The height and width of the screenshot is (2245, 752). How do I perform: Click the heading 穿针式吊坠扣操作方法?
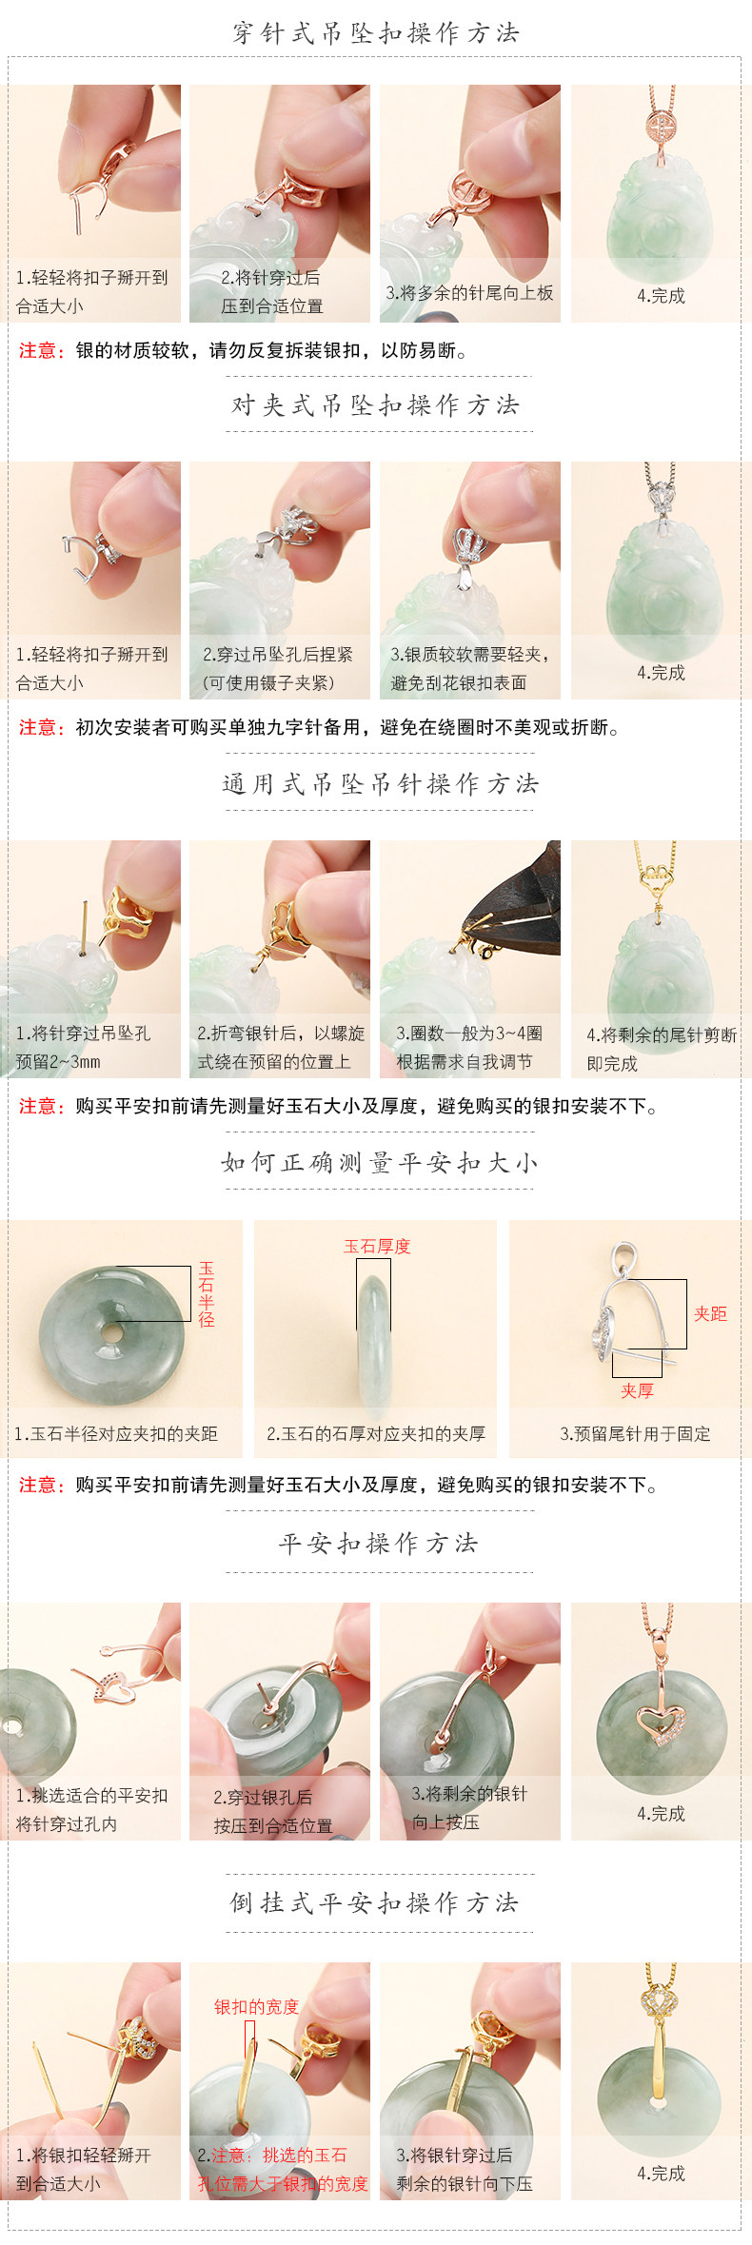click(376, 34)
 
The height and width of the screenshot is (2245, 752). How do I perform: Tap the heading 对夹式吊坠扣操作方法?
click(376, 405)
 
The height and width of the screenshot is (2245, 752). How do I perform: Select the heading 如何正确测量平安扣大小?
click(379, 1163)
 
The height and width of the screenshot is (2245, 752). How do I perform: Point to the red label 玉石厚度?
click(377, 1247)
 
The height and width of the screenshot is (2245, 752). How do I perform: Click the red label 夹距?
click(710, 1314)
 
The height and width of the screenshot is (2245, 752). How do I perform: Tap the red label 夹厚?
click(637, 1391)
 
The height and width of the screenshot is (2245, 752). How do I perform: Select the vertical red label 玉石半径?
click(207, 1294)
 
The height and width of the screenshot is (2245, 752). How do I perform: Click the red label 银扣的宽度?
click(256, 2006)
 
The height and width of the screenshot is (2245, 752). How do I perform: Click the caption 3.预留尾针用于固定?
click(635, 1434)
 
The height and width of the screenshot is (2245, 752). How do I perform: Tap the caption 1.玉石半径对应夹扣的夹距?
click(116, 1434)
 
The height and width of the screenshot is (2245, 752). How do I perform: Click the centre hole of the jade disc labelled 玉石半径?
click(111, 1333)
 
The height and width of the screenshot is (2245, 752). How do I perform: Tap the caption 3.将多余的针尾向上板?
click(469, 293)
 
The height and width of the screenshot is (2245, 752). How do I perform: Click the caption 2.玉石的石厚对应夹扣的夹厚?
click(376, 1434)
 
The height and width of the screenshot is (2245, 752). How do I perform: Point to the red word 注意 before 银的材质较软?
click(41, 351)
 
